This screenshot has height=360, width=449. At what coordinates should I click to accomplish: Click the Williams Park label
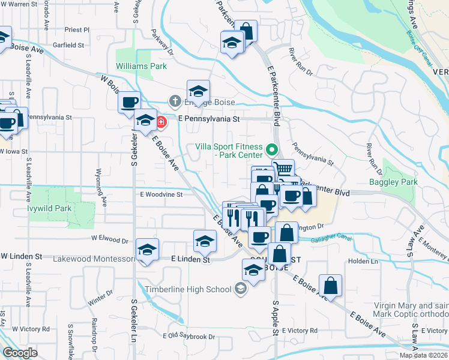(142, 66)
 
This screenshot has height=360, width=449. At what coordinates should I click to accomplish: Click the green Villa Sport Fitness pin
(272, 149)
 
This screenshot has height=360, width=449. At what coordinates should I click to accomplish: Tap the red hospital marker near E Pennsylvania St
(161, 122)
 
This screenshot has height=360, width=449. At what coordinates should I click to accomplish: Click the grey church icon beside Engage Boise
(175, 100)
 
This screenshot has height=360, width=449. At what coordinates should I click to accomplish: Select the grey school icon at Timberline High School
(240, 290)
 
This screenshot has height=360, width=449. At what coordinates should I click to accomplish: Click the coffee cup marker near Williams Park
(130, 103)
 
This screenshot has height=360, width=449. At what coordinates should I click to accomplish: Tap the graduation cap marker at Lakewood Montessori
(146, 250)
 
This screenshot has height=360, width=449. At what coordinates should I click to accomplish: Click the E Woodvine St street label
(161, 194)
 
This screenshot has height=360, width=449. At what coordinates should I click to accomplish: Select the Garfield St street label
(68, 45)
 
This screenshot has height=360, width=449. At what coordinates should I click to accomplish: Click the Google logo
(20, 352)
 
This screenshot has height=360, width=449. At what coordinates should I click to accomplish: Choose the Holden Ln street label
(363, 262)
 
